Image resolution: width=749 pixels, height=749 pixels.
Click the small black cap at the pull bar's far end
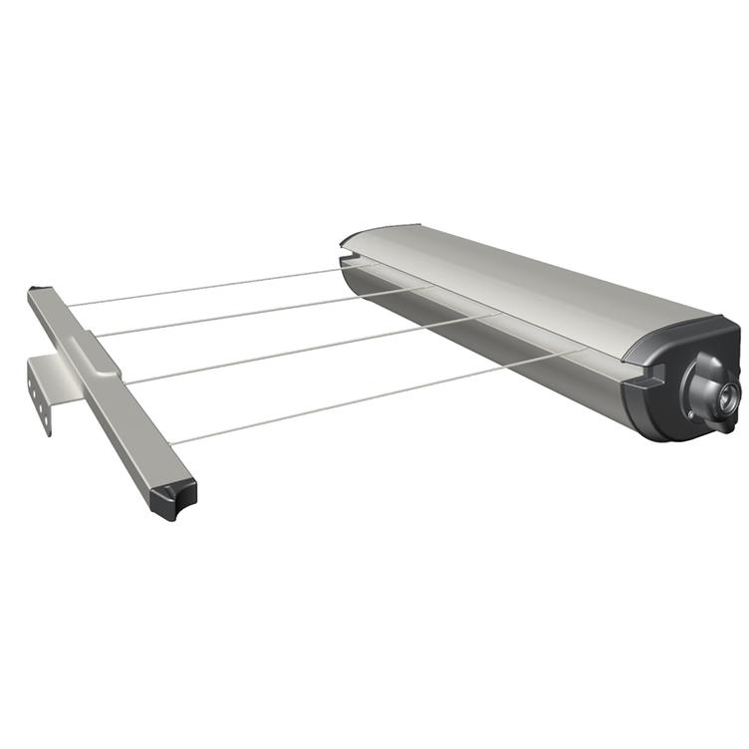37,291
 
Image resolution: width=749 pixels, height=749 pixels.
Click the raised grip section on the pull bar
96,353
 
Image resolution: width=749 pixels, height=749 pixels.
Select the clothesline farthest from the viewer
199,288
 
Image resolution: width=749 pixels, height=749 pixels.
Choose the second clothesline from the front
309,349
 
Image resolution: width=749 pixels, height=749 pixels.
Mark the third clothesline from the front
259,312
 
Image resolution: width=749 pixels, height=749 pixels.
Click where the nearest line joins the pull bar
170,442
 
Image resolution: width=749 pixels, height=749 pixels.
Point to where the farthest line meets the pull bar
68,305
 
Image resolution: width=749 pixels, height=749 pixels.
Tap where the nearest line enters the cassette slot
578,351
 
